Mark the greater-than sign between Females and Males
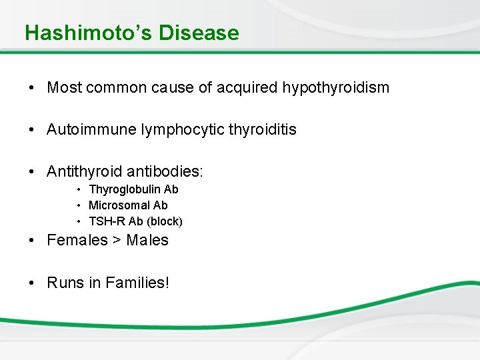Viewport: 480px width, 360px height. pos(117,241)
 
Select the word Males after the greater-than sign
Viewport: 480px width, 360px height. pos(147,240)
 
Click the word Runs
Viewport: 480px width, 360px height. pos(65,282)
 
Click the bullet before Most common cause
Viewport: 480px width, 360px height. pos(32,88)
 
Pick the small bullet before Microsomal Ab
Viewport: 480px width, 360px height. pos(79,206)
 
